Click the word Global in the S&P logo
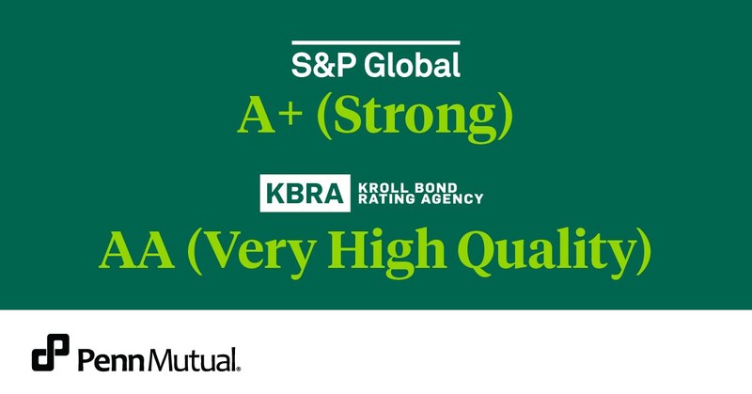[412, 65]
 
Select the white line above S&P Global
[376, 42]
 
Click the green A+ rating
[270, 117]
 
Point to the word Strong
[415, 119]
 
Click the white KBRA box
[305, 193]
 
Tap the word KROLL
[379, 188]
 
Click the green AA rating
[136, 250]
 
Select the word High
[387, 253]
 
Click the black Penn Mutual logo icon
[51, 353]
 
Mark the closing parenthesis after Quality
[644, 254]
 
